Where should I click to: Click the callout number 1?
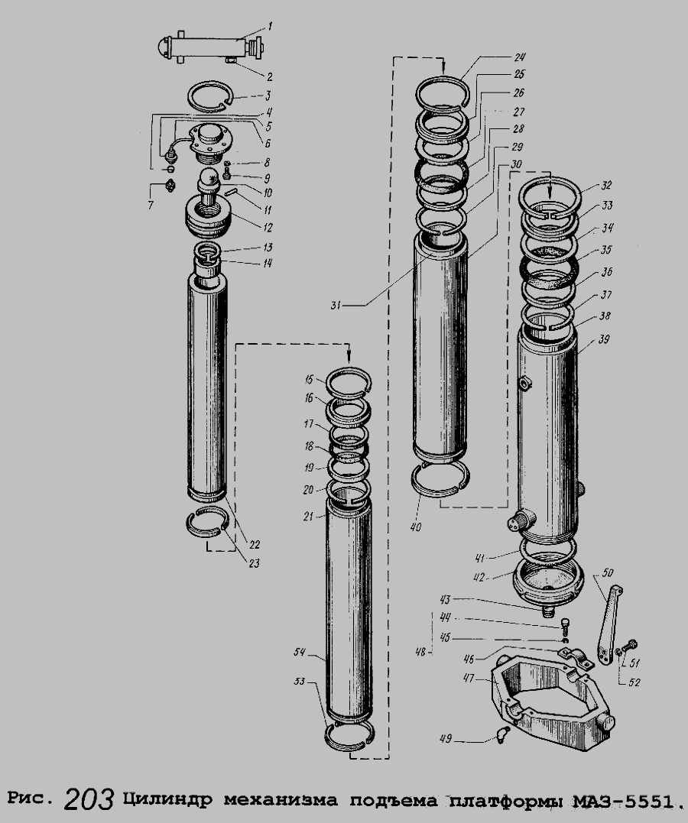270,26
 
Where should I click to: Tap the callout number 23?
254,564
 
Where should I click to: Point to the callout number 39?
604,339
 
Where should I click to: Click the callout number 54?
300,653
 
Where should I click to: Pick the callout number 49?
446,739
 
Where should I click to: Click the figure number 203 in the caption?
89,799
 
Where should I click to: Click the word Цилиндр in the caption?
169,800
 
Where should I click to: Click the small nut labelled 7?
170,185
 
